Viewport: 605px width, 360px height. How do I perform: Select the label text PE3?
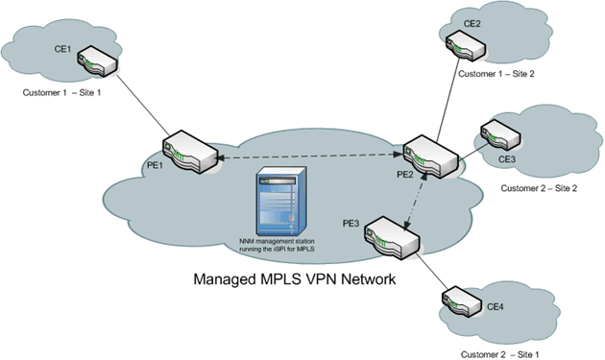(x=352, y=223)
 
